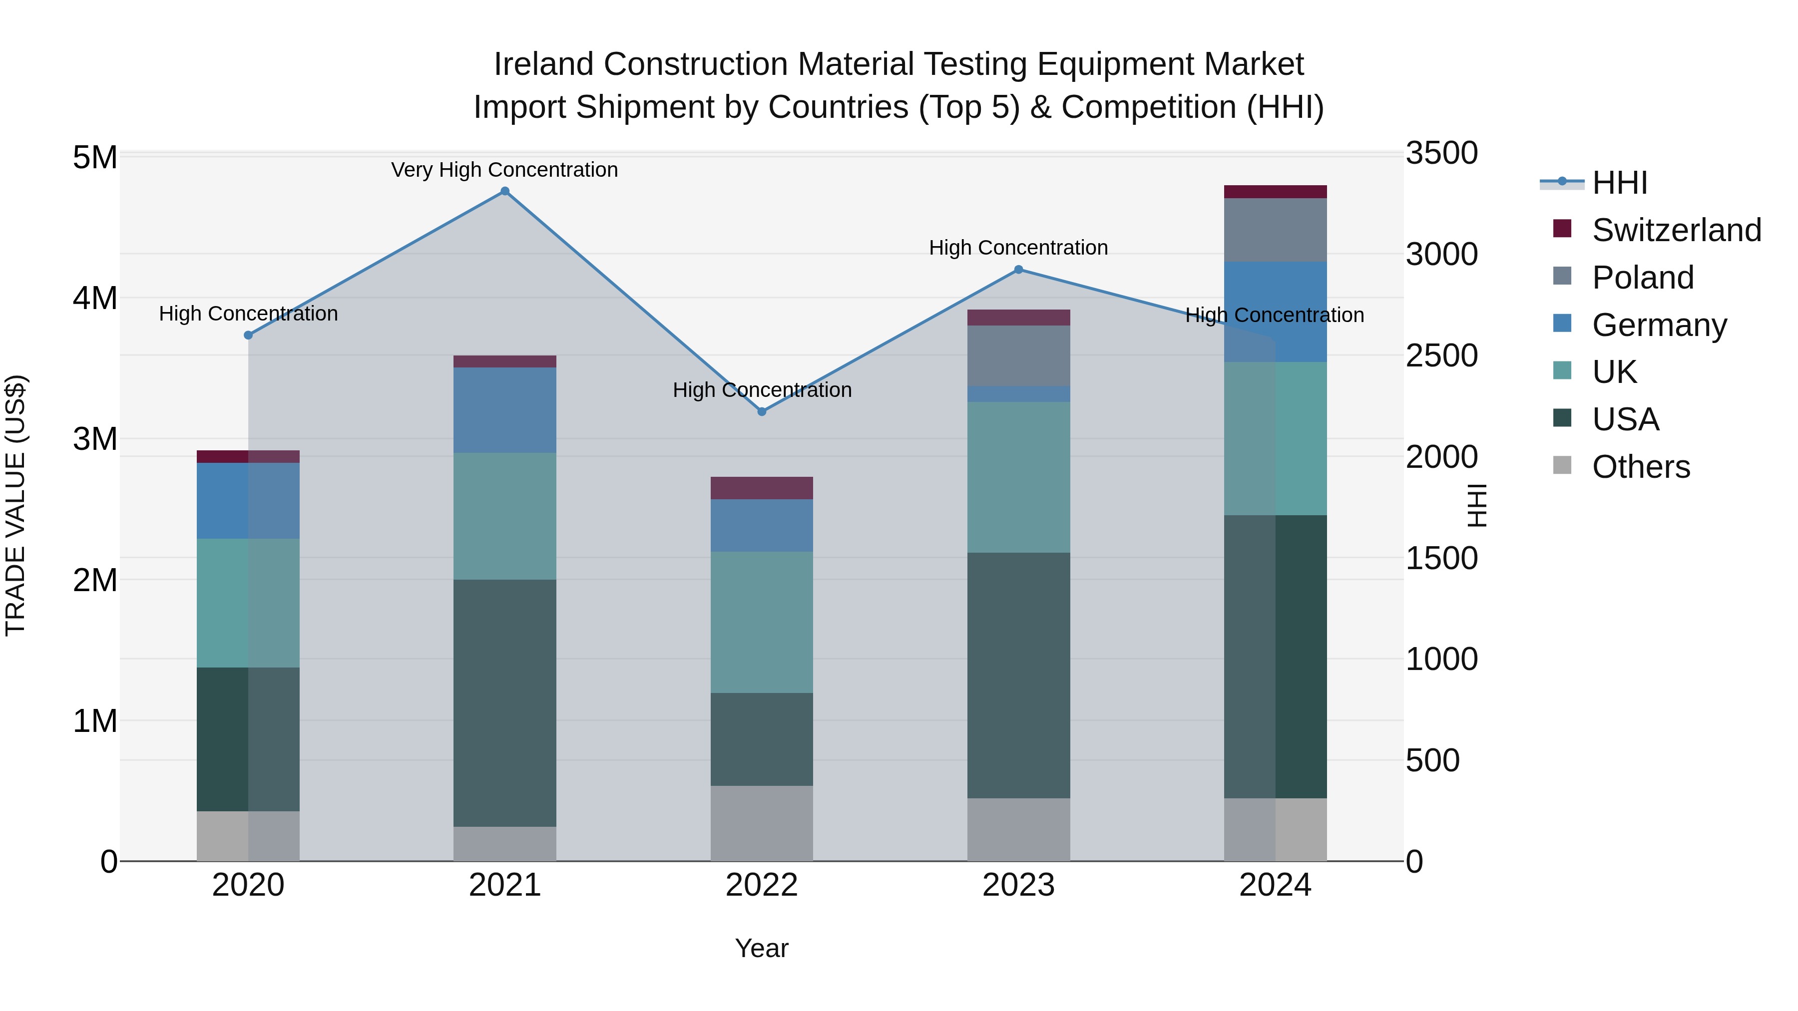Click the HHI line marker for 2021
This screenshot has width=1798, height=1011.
point(504,191)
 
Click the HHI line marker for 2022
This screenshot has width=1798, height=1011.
point(762,412)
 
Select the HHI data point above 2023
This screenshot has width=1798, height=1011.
point(1018,269)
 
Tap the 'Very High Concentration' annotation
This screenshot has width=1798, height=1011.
point(504,170)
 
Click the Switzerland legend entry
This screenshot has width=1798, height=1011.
point(1676,230)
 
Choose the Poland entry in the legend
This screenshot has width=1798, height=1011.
point(1642,278)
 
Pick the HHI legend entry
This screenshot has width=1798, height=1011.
point(1619,183)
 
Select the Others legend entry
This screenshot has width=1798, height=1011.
point(1640,467)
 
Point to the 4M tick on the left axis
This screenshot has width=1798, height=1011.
point(95,299)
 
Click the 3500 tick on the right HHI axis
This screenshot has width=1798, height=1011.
point(1441,153)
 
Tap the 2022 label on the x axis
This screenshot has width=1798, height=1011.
point(762,885)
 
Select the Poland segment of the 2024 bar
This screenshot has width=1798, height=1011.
point(1275,230)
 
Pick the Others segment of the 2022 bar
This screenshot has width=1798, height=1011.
point(762,823)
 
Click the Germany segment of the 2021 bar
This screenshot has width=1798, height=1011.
point(504,410)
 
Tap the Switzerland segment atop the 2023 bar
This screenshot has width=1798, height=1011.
point(1018,318)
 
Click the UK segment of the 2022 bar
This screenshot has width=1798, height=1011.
point(762,623)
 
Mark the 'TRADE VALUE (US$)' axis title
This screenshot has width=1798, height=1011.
point(15,505)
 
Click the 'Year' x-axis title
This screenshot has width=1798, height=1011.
point(762,948)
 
